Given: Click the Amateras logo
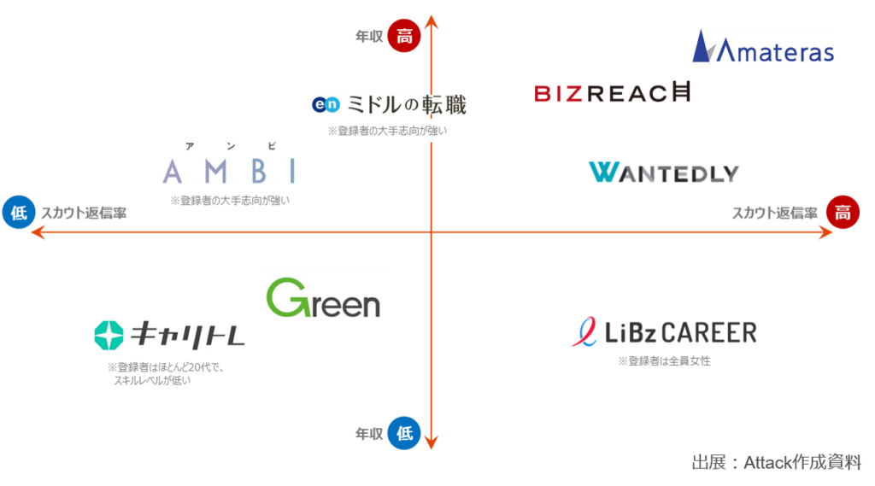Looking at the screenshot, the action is (x=763, y=46).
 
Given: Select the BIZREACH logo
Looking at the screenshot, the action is (x=612, y=92).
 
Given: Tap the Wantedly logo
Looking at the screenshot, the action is (x=663, y=173).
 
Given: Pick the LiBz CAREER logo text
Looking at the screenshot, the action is (x=681, y=332).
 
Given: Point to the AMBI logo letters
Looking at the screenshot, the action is (x=229, y=171).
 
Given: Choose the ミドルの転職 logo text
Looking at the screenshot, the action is (x=406, y=104).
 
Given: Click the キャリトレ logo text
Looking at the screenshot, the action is (x=187, y=335).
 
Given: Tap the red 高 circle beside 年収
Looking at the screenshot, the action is (x=404, y=36).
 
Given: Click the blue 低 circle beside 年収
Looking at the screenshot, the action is (x=404, y=433).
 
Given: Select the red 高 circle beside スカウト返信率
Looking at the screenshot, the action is (x=843, y=212).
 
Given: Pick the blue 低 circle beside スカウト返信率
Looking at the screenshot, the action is (x=19, y=212).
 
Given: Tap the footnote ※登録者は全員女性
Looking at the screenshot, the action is (x=664, y=361).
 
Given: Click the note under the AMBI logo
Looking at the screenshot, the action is (x=230, y=201).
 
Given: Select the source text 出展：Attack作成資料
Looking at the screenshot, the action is (x=776, y=462).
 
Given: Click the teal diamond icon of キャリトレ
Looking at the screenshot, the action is (x=109, y=336).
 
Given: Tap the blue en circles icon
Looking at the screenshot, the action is (x=326, y=104).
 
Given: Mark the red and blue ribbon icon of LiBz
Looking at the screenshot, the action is (x=584, y=332).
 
